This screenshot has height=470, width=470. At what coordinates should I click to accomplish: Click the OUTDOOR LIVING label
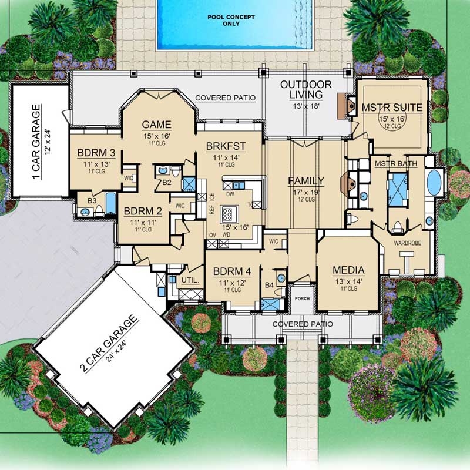305,89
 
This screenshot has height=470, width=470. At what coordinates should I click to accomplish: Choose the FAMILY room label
305,180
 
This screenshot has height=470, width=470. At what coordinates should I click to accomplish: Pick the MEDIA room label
348,270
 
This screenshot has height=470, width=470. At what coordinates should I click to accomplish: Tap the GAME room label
156,124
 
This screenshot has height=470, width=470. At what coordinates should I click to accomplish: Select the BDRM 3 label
96,153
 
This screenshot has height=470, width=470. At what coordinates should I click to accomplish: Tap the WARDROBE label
407,242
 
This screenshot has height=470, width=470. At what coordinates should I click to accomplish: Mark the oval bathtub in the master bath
434,182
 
